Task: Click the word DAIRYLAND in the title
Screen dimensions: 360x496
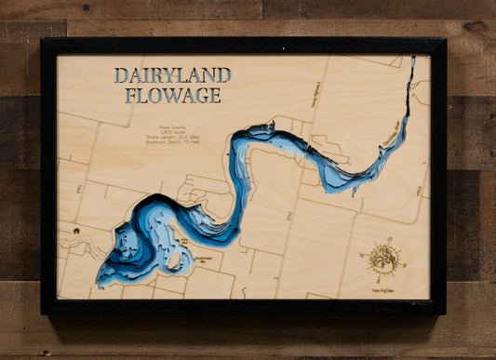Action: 172,76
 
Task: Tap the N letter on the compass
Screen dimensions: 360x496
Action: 382,244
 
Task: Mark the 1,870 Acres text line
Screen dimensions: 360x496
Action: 171,137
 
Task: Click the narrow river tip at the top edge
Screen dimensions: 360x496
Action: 411,60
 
